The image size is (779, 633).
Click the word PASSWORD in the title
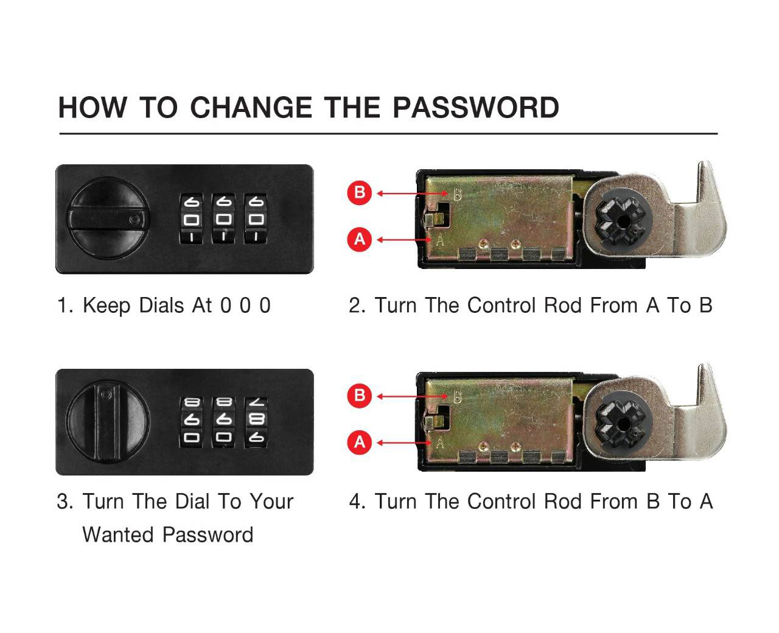pyautogui.click(x=475, y=108)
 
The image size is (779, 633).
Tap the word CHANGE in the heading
pyautogui.click(x=251, y=108)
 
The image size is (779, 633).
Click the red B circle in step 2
pyautogui.click(x=359, y=192)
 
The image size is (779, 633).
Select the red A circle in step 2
pyautogui.click(x=359, y=240)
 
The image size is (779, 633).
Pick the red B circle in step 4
pyautogui.click(x=359, y=395)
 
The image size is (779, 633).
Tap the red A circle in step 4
pyautogui.click(x=359, y=442)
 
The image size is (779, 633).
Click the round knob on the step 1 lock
pyautogui.click(x=108, y=219)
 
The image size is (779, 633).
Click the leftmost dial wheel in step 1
pyautogui.click(x=191, y=219)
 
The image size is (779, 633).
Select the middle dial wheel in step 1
pyautogui.click(x=223, y=219)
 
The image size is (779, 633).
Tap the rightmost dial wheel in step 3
pyautogui.click(x=256, y=422)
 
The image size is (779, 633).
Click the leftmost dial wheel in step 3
pyautogui.click(x=191, y=422)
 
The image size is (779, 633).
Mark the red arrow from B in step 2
pyautogui.click(x=412, y=193)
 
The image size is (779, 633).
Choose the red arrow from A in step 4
pyautogui.click(x=404, y=443)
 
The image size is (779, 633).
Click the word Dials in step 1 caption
pyautogui.click(x=161, y=306)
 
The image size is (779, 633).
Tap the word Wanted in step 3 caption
pyautogui.click(x=118, y=535)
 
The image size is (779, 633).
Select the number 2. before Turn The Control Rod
pyautogui.click(x=357, y=306)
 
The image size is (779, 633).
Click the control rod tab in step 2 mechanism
pyautogui.click(x=434, y=219)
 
